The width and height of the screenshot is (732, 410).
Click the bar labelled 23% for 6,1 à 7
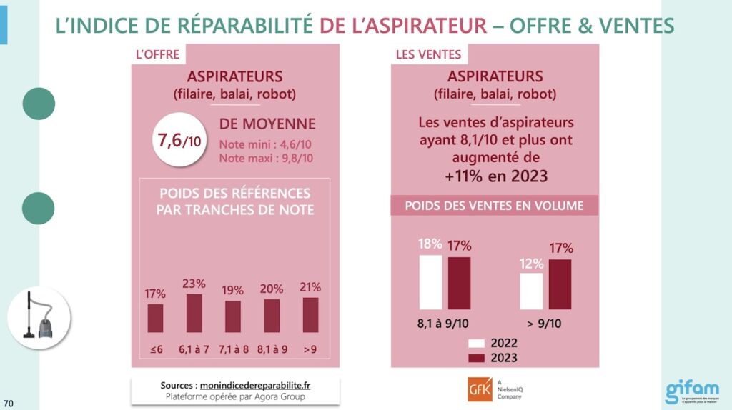194,314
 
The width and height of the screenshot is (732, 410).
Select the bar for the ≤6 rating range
155,319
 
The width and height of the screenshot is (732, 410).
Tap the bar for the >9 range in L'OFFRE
310,315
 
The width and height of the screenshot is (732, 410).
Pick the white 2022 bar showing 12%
531,291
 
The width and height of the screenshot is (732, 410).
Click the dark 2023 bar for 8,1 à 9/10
460,283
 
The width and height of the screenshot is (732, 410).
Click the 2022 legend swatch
477,343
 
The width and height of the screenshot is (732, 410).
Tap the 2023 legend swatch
477,358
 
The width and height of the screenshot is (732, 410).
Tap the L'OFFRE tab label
157,54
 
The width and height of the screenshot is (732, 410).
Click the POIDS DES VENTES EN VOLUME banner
494,206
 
